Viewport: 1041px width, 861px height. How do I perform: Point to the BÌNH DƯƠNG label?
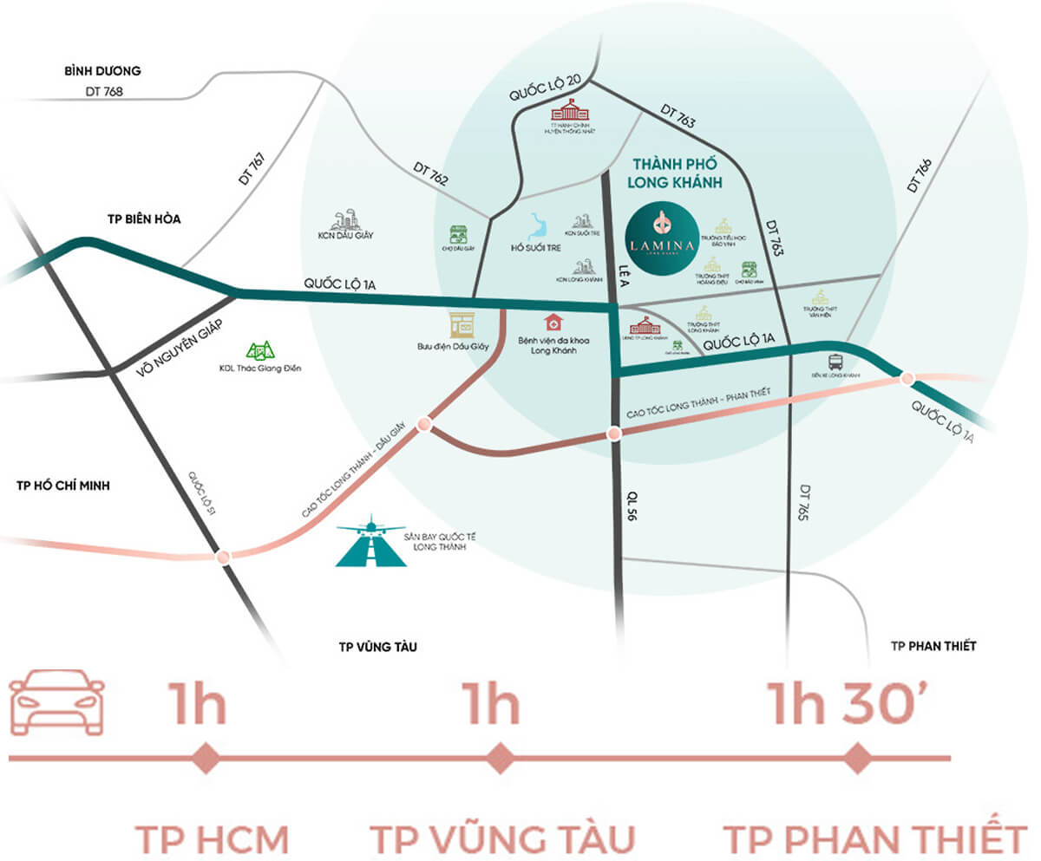(x=102, y=71)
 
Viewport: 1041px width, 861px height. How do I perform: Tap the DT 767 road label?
(x=250, y=170)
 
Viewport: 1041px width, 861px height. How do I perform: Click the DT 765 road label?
(x=804, y=502)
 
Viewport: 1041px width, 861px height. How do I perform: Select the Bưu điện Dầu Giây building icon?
(x=462, y=324)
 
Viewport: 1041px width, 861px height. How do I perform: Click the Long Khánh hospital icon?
(x=553, y=323)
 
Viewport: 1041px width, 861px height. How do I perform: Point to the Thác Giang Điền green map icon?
(x=260, y=351)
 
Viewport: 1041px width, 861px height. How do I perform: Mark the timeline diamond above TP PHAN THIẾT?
(x=858, y=758)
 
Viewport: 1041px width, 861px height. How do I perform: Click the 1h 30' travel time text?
(x=851, y=706)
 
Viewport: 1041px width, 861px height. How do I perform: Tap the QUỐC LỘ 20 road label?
(x=544, y=91)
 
